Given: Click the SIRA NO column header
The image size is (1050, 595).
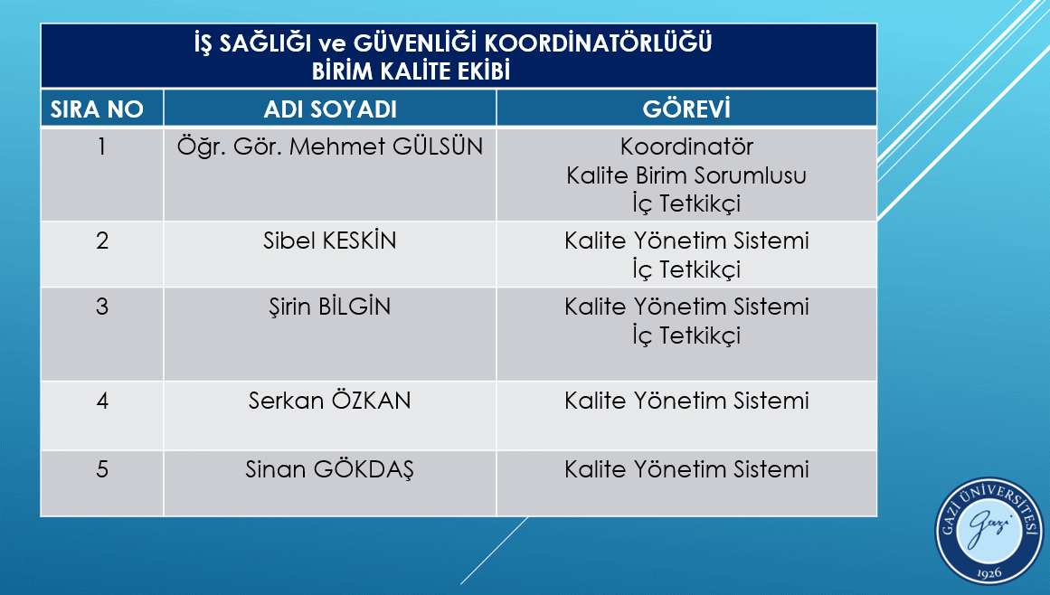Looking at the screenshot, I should tap(97, 109).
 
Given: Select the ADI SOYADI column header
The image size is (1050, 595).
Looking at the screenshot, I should tap(330, 109).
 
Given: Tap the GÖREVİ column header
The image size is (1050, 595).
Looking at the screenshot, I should tap(686, 109).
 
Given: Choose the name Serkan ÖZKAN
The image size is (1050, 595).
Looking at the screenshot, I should tap(329, 401).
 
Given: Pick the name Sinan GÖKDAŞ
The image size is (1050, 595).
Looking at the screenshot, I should tap(330, 469).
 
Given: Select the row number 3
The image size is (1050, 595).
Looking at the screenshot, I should tap(102, 307).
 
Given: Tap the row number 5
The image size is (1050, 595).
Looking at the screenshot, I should tap(102, 469).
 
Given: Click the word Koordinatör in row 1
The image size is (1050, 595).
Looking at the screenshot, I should tap(686, 146).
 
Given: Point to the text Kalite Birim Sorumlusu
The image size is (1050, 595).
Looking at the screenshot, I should tap(686, 175).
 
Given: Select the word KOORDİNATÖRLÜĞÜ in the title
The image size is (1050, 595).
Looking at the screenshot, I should tap(599, 43).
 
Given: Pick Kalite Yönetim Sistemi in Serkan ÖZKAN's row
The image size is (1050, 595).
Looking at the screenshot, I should tap(686, 401).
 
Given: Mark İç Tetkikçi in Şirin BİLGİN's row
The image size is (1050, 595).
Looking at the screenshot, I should tap(686, 335).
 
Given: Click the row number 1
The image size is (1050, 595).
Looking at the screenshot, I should tap(102, 146).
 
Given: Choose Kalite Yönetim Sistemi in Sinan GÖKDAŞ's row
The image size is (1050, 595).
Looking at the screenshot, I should tap(686, 469).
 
